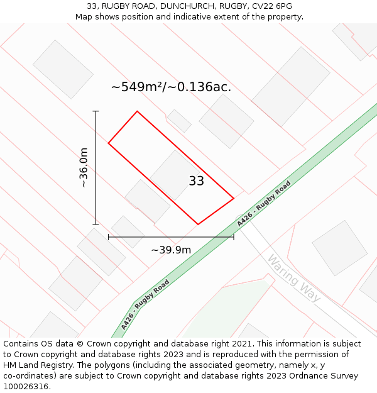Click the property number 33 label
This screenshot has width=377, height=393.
click(196, 181)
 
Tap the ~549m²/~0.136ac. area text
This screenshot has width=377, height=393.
click(171, 87)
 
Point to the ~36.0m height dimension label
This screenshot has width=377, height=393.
click(84, 168)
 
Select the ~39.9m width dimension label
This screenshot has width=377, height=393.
click(171, 250)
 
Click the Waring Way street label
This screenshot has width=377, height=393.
click(293, 277)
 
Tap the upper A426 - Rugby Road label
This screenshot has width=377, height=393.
click(264, 204)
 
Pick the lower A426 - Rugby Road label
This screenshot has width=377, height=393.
click(146, 304)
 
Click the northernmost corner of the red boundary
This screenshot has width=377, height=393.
click(137, 111)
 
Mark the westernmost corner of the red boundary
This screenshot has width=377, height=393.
click(108, 143)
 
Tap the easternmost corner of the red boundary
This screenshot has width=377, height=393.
click(234, 199)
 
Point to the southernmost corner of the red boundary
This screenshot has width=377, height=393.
click(198, 224)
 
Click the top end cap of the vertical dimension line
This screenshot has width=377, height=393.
click(96, 111)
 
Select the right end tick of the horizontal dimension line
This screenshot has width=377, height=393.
click(234, 237)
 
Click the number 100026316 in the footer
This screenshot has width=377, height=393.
click(26, 386)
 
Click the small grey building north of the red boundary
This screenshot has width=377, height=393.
click(179, 121)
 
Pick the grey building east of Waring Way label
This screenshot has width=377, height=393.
click(339, 248)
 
